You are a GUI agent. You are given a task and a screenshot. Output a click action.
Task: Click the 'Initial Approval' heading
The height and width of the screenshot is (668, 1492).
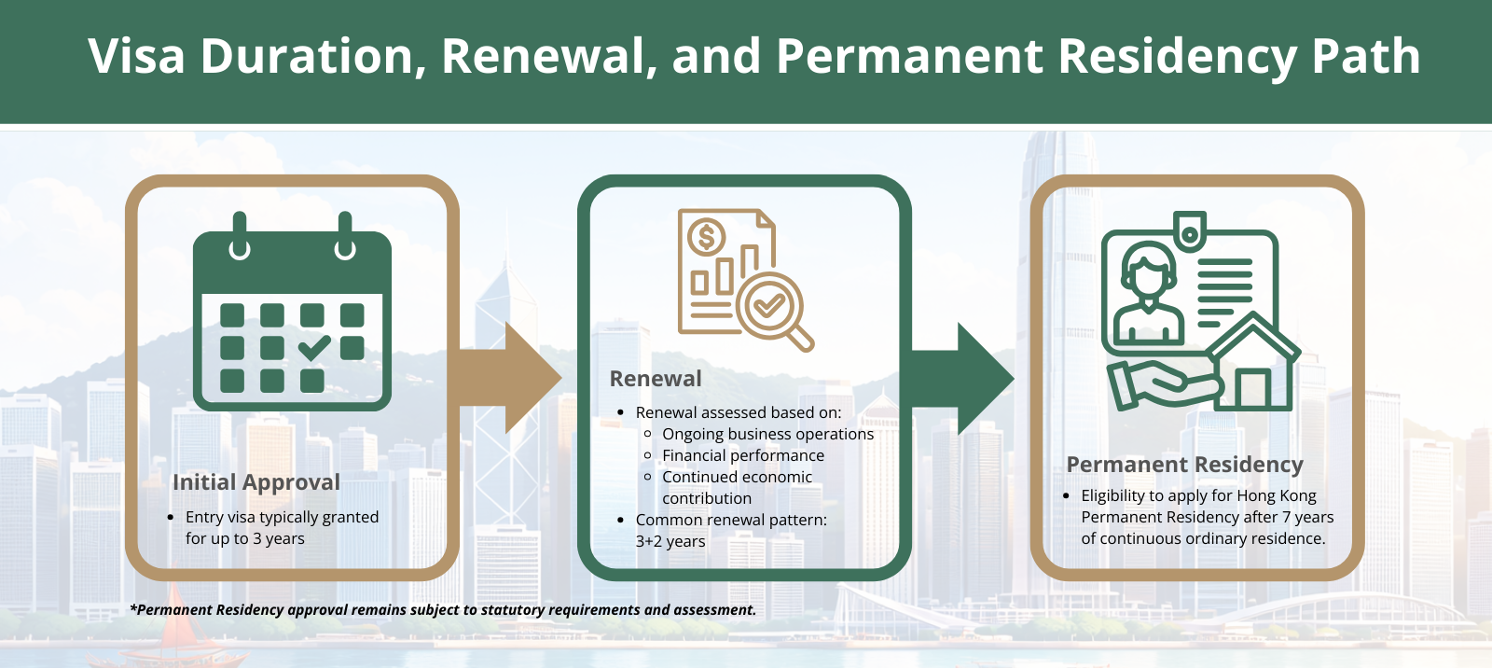[256, 482]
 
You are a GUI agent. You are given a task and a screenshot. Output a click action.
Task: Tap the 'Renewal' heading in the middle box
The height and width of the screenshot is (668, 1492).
[656, 379]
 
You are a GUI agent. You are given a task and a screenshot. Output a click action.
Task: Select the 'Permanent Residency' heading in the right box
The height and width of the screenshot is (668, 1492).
[1184, 465]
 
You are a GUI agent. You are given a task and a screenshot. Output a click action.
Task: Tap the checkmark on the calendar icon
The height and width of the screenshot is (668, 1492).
[314, 348]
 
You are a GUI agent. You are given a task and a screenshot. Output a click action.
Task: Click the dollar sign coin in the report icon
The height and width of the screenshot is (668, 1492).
[706, 238]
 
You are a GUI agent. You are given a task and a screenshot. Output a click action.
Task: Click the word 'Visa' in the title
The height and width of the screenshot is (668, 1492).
[137, 56]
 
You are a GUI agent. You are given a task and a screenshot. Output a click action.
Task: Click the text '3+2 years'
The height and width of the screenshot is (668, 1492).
[670, 541]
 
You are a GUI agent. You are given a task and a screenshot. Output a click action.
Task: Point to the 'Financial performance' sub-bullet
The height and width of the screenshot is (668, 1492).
[743, 455]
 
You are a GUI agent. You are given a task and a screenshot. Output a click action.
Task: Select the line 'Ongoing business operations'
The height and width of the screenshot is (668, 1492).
[767, 434]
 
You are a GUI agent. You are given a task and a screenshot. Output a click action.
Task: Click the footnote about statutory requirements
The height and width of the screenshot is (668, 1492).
[443, 610]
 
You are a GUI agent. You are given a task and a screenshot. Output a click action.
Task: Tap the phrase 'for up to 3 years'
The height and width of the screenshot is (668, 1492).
[245, 538]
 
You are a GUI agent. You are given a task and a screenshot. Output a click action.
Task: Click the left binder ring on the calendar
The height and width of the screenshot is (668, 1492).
[240, 236]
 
